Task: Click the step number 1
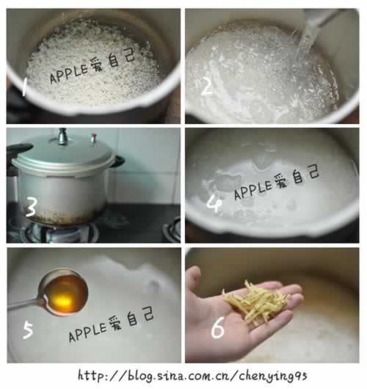24,87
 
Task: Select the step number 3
32,207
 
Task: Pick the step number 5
28,330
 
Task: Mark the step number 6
218,327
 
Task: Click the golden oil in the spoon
66,294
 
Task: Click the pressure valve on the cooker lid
62,137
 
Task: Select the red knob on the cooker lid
93,138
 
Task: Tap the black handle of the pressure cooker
19,149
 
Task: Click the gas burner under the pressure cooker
57,232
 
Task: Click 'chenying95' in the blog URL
273,376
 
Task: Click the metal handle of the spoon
26,304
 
